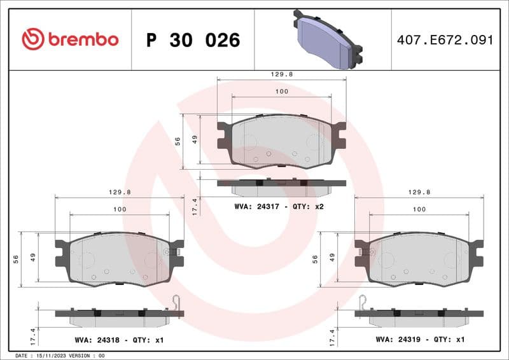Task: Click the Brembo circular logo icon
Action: (x=33, y=39)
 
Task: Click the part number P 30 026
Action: (x=193, y=40)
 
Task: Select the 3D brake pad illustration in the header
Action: (x=327, y=39)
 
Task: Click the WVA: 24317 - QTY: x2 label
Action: (x=279, y=207)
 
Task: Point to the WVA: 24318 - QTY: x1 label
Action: (x=118, y=340)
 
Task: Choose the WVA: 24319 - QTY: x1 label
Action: (x=420, y=340)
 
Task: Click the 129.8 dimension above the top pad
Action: (x=281, y=74)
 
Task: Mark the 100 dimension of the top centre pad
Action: (x=281, y=92)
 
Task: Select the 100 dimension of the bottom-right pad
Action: (x=419, y=209)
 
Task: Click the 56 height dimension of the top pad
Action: (x=178, y=141)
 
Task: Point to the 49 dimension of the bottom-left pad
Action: (x=32, y=258)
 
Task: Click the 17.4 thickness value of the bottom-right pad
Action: (x=332, y=336)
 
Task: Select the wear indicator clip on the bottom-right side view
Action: (x=362, y=305)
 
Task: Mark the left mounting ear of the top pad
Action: (x=224, y=135)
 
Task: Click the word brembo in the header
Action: (x=83, y=39)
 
